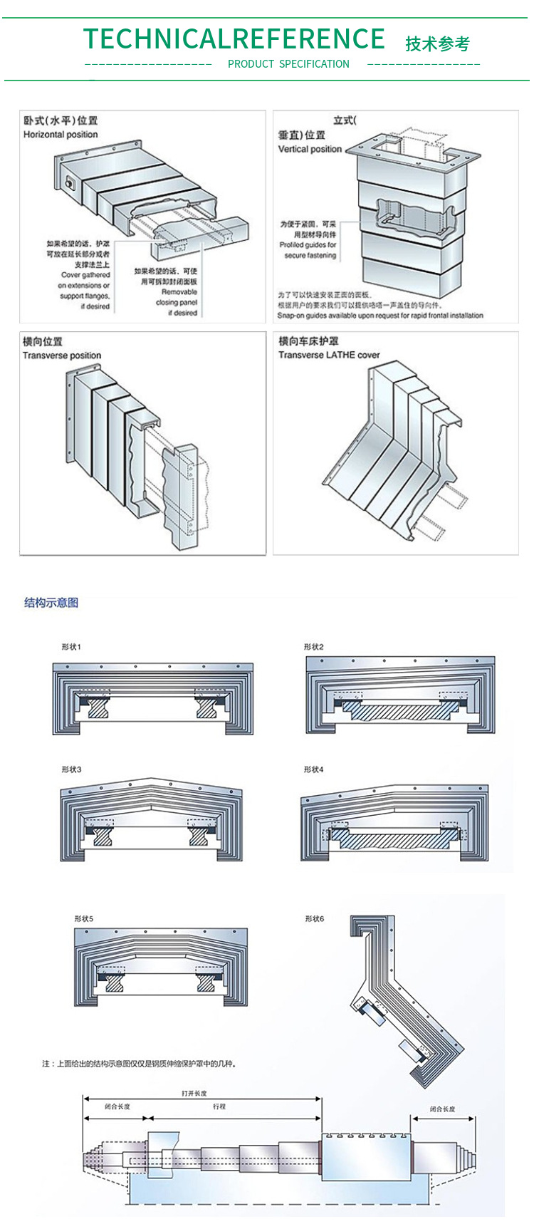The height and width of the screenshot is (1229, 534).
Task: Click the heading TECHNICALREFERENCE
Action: pos(234,38)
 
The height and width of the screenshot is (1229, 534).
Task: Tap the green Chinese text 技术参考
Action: pos(437,44)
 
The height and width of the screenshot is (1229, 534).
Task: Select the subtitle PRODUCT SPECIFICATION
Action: pos(288,64)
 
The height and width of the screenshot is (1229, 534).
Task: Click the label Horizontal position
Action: pos(61,134)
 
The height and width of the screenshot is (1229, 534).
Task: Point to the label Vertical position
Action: pos(310,149)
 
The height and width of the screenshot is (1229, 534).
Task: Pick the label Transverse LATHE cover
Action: pos(329,355)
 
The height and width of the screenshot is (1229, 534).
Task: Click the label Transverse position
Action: pos(62,356)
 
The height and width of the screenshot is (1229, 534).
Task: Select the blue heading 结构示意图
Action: pos(51,603)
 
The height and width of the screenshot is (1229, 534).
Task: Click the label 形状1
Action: pos(71,647)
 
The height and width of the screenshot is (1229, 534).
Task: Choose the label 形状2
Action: pos(313,647)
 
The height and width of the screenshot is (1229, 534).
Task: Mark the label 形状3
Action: pos(71,769)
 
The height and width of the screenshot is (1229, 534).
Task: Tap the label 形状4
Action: pos(313,769)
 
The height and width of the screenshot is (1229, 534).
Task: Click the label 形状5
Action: pos(83,919)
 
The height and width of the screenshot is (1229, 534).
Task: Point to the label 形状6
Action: pos(314,919)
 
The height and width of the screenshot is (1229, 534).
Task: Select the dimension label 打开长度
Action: pos(194,1093)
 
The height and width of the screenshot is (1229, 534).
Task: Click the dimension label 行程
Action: pos(219,1106)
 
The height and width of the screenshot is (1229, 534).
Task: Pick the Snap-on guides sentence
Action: pos(380,315)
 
